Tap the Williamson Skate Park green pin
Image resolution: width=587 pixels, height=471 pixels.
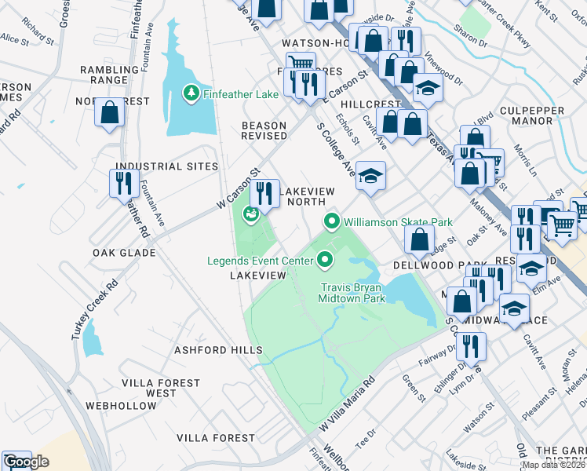[332, 222]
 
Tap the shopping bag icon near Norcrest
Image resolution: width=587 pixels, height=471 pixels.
[110, 112]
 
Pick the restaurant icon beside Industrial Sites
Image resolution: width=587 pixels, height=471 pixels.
[125, 184]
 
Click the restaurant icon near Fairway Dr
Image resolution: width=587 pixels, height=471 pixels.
[471, 345]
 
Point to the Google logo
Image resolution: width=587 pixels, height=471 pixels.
[26, 462]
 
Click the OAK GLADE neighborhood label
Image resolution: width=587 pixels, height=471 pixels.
[123, 253]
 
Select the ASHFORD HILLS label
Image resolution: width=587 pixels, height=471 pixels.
[217, 349]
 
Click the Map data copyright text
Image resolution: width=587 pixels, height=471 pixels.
[553, 465]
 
